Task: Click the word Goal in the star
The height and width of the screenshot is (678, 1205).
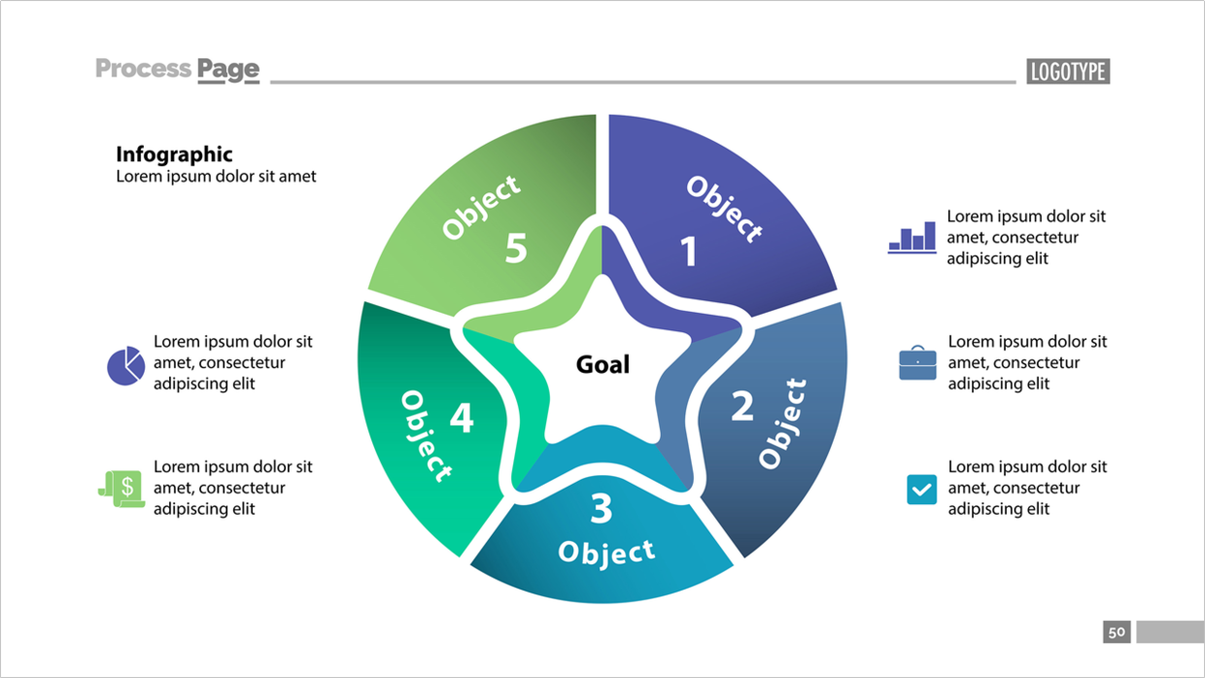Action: [602, 364]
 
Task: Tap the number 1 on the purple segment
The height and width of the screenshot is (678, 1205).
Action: [689, 252]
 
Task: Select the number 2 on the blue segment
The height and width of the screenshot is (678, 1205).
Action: [742, 406]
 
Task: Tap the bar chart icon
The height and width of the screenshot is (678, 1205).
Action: [912, 237]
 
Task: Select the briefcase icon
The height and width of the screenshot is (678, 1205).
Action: [917, 363]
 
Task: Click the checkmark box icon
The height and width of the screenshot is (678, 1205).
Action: [921, 490]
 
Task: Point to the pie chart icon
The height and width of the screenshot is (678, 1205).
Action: [126, 365]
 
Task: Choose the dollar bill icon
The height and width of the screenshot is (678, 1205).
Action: [122, 489]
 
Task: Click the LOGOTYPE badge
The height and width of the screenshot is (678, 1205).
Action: [1068, 72]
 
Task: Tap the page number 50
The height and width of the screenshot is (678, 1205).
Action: [1117, 631]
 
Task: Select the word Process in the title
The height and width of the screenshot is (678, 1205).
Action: [143, 69]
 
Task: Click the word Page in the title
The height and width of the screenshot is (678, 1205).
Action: [228, 71]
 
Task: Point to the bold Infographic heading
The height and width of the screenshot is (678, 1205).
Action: [174, 154]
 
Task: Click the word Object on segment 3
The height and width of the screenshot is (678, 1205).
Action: [606, 553]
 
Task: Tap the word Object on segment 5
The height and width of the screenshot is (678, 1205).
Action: [481, 207]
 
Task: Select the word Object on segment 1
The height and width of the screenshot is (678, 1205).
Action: [725, 209]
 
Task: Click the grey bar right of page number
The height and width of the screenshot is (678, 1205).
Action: [1171, 631]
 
